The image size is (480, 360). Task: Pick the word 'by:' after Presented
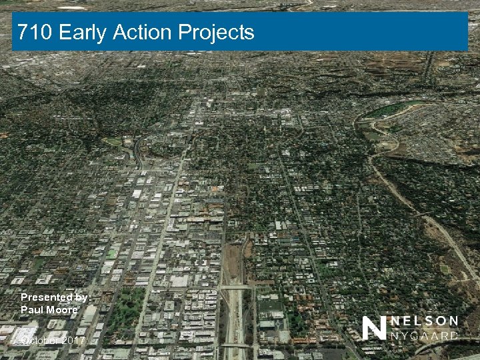click(84, 297)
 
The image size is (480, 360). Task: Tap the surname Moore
click(63, 309)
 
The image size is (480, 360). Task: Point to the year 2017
click(75, 341)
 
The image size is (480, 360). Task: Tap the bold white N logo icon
click(375, 327)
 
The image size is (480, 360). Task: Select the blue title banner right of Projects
click(360, 32)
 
